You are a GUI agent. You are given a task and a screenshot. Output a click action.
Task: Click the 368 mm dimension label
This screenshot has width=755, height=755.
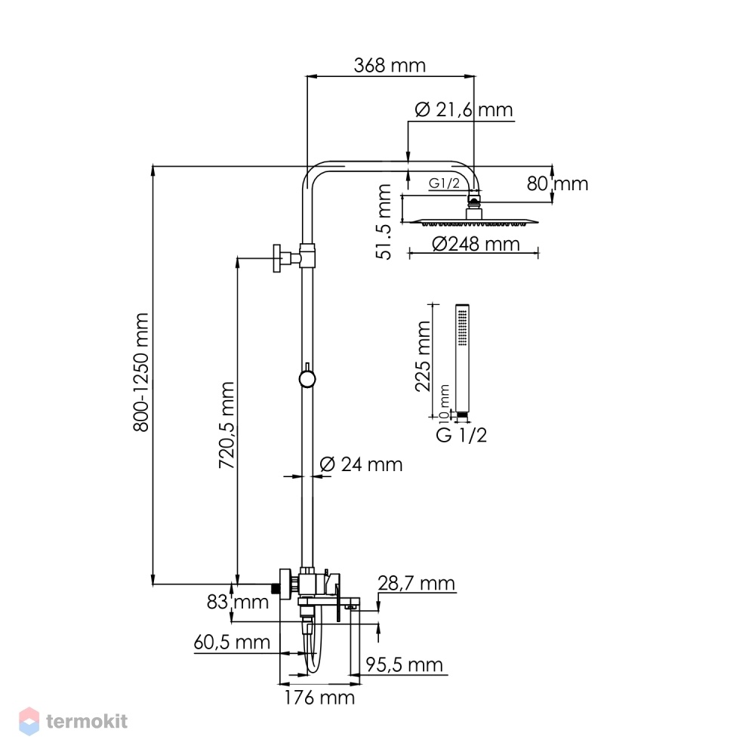(x=390, y=65)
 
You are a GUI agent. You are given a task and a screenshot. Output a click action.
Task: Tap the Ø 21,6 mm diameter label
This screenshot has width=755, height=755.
(x=464, y=109)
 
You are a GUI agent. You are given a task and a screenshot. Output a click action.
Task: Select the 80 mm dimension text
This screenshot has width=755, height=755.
(x=557, y=183)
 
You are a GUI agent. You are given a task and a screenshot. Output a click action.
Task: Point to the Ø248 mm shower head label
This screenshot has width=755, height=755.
(x=476, y=244)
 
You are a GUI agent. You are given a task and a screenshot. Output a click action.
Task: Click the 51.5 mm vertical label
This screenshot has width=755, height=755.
(x=384, y=222)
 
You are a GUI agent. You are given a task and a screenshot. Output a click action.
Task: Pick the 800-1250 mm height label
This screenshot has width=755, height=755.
(x=142, y=372)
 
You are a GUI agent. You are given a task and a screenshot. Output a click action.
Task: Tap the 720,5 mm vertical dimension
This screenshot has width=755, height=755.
(x=226, y=425)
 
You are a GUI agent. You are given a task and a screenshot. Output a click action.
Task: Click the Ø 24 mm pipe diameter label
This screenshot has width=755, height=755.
(x=361, y=464)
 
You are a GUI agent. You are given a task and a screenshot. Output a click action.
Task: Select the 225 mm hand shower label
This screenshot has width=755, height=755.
(x=423, y=356)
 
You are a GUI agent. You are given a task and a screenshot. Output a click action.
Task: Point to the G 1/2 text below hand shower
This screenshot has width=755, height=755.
(x=461, y=435)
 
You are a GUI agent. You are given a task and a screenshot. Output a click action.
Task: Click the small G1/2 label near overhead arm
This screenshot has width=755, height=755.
(x=444, y=183)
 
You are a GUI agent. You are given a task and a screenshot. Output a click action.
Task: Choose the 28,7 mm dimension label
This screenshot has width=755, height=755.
(x=416, y=583)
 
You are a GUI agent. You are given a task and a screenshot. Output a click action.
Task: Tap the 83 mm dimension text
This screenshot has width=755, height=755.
(x=237, y=602)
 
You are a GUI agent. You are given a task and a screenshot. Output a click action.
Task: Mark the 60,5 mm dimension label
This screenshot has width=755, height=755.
(x=232, y=642)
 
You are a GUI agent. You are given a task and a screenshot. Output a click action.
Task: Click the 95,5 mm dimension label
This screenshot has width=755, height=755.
(x=404, y=664)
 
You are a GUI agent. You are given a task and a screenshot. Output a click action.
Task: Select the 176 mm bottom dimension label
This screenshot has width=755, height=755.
(x=319, y=697)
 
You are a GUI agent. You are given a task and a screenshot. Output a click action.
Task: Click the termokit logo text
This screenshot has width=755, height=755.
(x=87, y=721)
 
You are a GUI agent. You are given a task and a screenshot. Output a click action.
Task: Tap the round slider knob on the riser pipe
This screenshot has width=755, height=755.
(x=307, y=378)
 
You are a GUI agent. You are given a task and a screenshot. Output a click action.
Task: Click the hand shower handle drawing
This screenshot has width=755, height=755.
(x=462, y=359)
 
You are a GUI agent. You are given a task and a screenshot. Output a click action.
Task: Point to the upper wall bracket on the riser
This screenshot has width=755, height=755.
(x=294, y=257)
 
